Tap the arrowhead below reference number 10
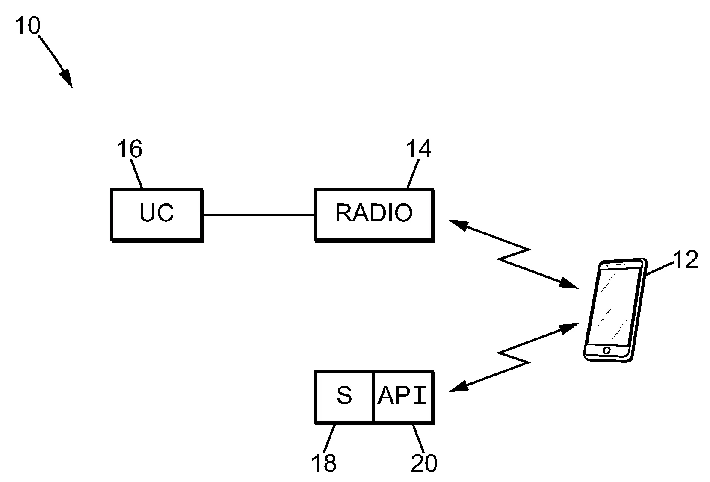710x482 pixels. [66, 79]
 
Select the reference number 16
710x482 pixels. [129, 149]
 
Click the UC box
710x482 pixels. [157, 215]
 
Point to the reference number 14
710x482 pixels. [418, 149]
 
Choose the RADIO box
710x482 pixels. [374, 215]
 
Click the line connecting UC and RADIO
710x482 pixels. [259, 215]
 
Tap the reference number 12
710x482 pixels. [685, 259]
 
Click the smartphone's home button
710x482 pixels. [606, 350]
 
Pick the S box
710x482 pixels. [344, 397]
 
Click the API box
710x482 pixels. [403, 397]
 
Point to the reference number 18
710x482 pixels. [324, 463]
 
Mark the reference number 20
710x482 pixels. [424, 463]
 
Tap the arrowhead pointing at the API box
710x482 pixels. [457, 387]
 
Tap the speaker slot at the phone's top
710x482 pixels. [621, 265]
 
